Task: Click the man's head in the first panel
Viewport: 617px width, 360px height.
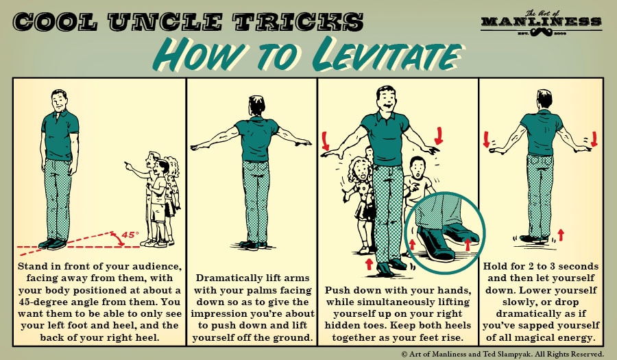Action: [x=60, y=100]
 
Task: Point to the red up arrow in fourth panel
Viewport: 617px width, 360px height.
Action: [x=561, y=235]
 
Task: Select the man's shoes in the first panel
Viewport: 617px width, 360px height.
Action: [x=53, y=243]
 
